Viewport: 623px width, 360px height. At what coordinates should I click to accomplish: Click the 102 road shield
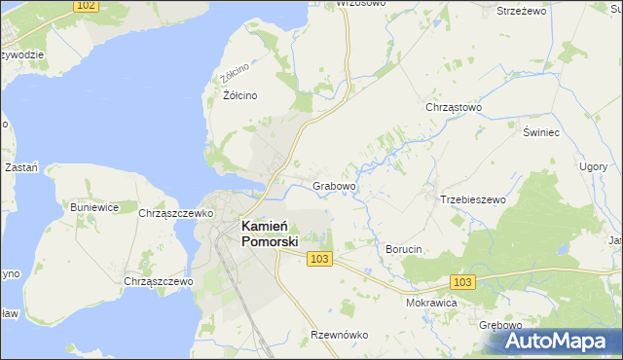(86, 6)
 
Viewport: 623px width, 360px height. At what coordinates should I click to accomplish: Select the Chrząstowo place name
(454, 108)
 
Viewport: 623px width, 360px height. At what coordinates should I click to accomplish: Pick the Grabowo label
(335, 185)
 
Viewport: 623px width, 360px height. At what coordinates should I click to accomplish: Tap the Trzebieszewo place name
(473, 199)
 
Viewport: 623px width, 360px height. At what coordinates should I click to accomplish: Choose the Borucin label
(403, 249)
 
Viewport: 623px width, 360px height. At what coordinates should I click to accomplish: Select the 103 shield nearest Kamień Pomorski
(319, 258)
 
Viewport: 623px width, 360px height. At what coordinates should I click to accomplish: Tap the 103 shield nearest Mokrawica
(463, 281)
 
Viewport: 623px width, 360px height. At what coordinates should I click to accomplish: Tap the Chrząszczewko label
(176, 213)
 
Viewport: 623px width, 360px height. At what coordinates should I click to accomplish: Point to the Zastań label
(20, 167)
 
